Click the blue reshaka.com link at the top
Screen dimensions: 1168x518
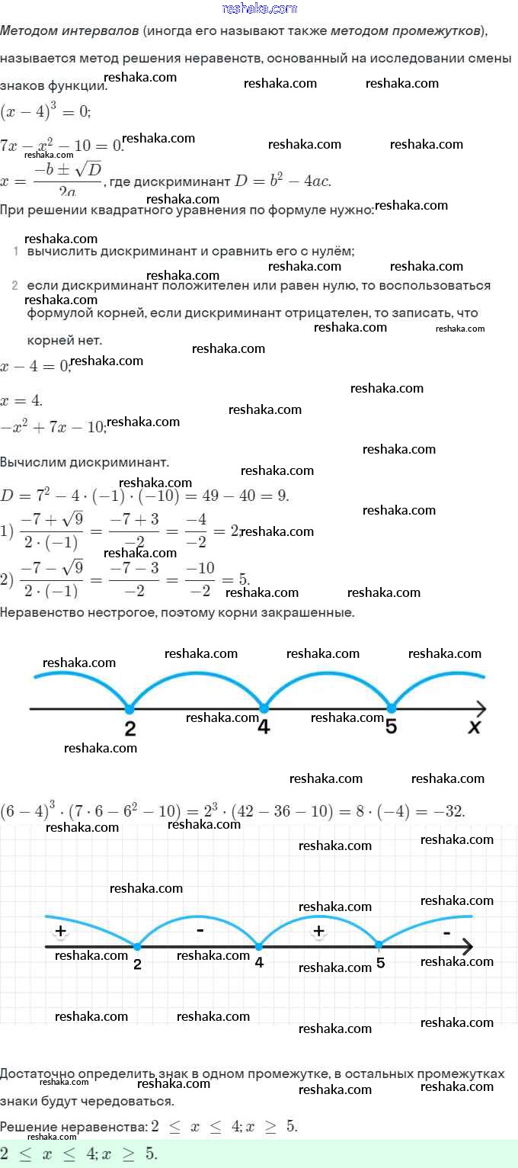(x=259, y=8)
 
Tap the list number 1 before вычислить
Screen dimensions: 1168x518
(x=15, y=251)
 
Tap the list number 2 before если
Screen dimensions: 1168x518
(x=15, y=286)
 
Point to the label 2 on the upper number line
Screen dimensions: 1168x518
(x=130, y=729)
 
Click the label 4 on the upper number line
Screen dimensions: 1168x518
(x=264, y=727)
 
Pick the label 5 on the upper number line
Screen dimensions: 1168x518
(x=391, y=727)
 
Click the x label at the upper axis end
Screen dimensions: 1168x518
(x=475, y=728)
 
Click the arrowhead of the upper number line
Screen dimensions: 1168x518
(x=480, y=709)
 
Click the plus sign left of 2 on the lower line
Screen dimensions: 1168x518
(x=60, y=931)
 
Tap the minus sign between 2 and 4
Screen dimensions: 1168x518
(x=200, y=930)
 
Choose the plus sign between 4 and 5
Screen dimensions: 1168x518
(x=319, y=931)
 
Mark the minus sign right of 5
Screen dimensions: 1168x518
(x=446, y=932)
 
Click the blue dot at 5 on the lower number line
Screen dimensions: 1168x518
(x=379, y=946)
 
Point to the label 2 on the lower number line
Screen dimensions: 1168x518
(x=137, y=964)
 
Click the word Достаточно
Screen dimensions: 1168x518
(x=39, y=1074)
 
